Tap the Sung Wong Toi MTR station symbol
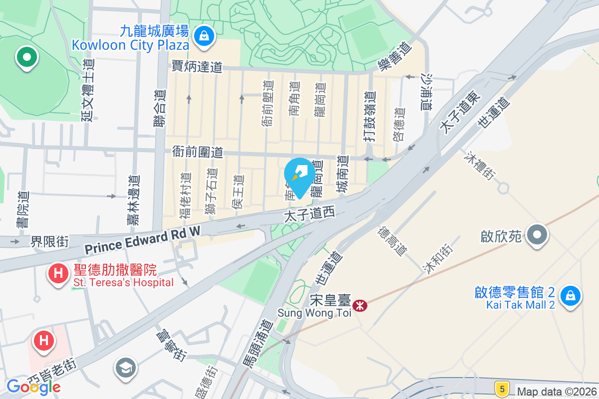pos(358,304)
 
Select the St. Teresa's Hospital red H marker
pos(58,273)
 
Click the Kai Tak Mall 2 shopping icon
pos(570,295)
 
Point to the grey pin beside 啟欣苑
pos(537,234)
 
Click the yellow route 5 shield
pos(501,388)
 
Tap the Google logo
pos(33,387)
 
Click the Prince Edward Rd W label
pos(142,240)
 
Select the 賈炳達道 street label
pos(197,66)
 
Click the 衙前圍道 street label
pos(197,152)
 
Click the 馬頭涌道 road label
pos(255,344)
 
